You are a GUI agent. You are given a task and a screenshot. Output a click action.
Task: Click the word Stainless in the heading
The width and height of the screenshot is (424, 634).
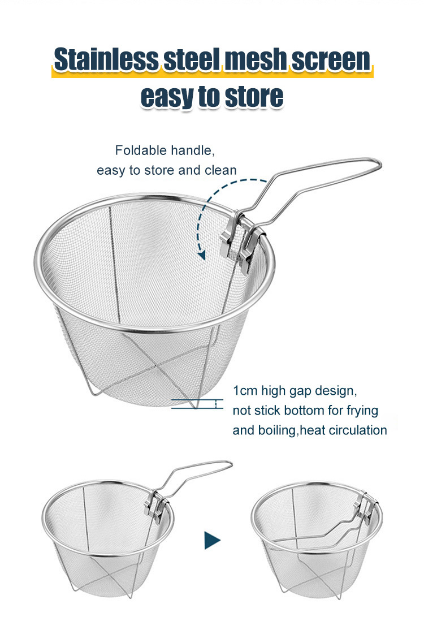(x=107, y=59)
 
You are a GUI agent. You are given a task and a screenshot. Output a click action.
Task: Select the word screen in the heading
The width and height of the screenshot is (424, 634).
(x=331, y=59)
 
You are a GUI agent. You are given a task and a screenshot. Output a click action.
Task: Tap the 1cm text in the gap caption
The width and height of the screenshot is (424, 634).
(x=245, y=391)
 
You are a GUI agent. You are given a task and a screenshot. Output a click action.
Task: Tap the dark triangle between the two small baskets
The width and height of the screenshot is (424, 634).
(x=212, y=540)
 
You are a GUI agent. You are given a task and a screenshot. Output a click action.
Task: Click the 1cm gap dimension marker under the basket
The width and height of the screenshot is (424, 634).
(x=218, y=404)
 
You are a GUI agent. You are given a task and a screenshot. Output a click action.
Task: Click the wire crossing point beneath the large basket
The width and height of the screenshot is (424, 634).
(x=156, y=366)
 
